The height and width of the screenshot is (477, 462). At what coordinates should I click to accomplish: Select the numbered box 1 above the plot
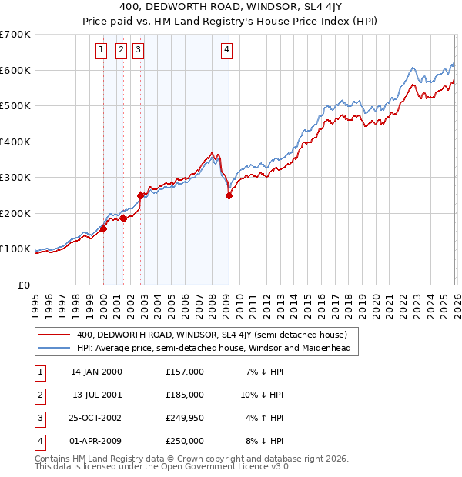[101, 51]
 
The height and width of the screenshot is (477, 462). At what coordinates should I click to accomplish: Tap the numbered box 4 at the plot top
[227, 51]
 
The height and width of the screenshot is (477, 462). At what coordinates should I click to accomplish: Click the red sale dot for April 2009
[229, 195]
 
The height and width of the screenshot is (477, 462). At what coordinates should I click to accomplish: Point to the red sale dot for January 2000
[103, 228]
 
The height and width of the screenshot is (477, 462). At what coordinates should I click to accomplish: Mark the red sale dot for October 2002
[141, 195]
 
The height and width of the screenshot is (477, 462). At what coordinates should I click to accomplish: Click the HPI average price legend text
[213, 348]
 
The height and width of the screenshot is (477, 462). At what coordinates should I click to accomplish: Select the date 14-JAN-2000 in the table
[96, 372]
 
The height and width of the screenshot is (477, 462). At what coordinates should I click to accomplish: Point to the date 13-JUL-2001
[96, 395]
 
